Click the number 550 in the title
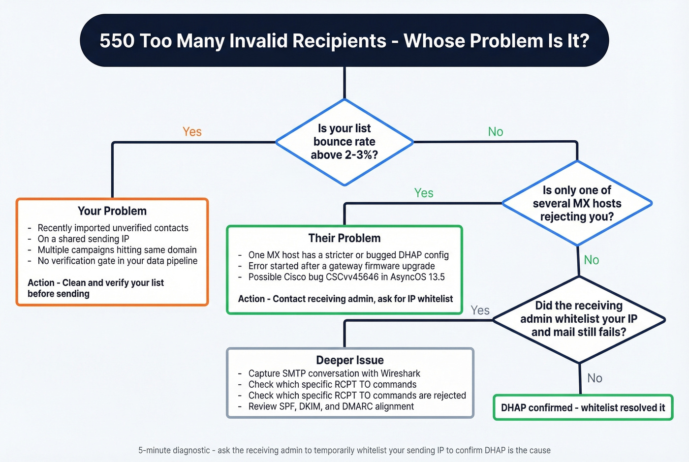[117, 41]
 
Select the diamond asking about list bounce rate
[344, 142]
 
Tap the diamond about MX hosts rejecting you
[577, 203]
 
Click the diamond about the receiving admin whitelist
[579, 319]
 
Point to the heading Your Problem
[112, 211]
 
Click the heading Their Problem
[344, 238]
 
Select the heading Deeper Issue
[350, 360]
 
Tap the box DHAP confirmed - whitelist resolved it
[583, 407]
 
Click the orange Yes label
[192, 132]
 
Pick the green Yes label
[424, 193]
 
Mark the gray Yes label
[480, 310]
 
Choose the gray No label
[595, 378]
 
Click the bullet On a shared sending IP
[83, 239]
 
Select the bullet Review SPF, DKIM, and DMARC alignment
[331, 406]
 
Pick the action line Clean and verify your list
[95, 288]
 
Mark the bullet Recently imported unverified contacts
[113, 228]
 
